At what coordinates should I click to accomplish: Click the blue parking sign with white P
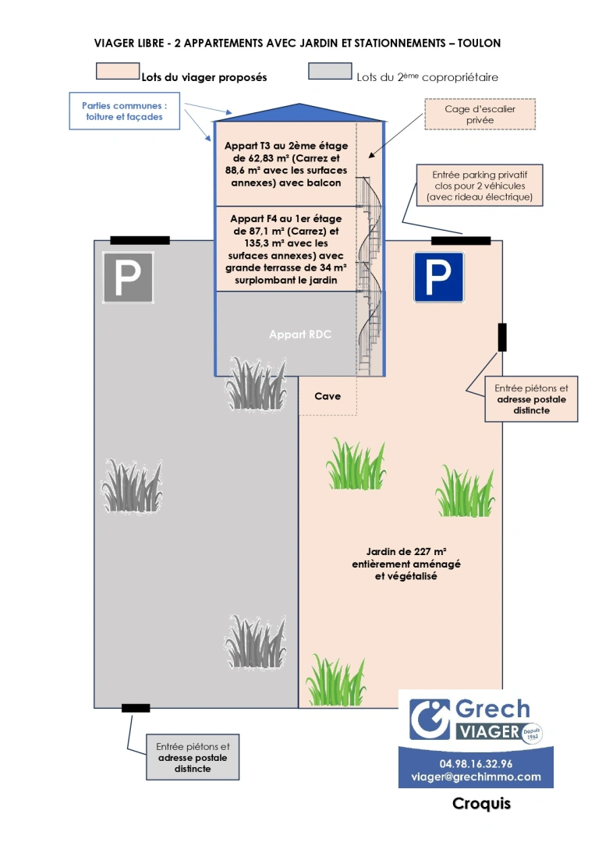click(x=438, y=277)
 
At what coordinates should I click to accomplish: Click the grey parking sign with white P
click(x=129, y=278)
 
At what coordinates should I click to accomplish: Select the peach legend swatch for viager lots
click(x=117, y=72)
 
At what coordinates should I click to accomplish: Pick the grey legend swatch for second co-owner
click(x=330, y=72)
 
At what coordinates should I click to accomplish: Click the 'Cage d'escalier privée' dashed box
click(x=480, y=115)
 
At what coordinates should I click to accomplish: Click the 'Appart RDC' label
click(x=300, y=334)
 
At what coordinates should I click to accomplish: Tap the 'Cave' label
click(x=328, y=397)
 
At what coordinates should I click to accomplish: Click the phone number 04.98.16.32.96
click(x=476, y=763)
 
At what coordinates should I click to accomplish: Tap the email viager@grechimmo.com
click(x=476, y=777)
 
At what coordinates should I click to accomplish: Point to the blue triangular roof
click(x=299, y=113)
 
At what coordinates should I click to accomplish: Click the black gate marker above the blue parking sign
click(x=461, y=240)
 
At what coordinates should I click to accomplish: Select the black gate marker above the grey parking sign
click(x=140, y=240)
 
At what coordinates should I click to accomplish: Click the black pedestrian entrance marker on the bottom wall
click(x=136, y=708)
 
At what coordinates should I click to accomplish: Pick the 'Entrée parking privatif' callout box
click(x=480, y=186)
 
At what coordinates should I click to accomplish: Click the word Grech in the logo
click(x=491, y=709)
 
